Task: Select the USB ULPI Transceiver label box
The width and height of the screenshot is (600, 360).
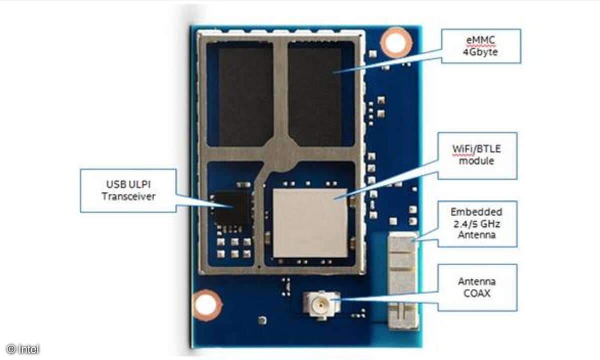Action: (x=128, y=190)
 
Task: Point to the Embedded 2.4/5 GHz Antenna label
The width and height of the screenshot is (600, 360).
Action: (x=476, y=223)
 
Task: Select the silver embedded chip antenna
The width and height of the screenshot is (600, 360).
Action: (x=402, y=280)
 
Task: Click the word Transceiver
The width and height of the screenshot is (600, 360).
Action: (x=128, y=196)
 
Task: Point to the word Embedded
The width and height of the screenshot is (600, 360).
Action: (x=476, y=212)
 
